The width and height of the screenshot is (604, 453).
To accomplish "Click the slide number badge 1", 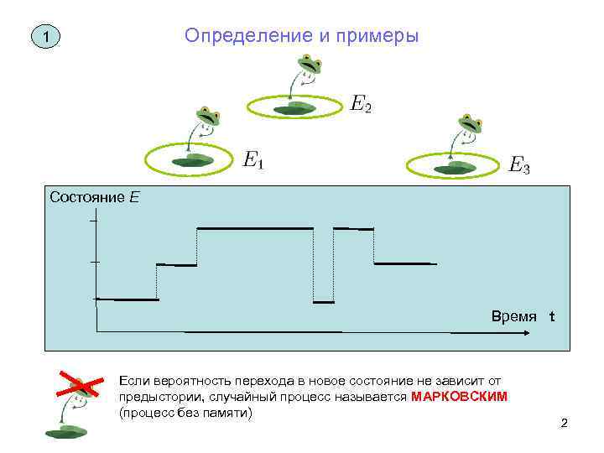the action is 47,38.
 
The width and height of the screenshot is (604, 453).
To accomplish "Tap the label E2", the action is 361,104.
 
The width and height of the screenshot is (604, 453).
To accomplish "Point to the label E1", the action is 253,159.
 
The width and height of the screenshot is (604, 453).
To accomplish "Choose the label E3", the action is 520,165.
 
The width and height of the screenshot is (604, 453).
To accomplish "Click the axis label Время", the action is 514,316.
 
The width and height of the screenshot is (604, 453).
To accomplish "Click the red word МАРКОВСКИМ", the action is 460,396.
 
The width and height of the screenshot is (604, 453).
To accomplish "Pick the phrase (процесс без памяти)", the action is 185,413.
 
